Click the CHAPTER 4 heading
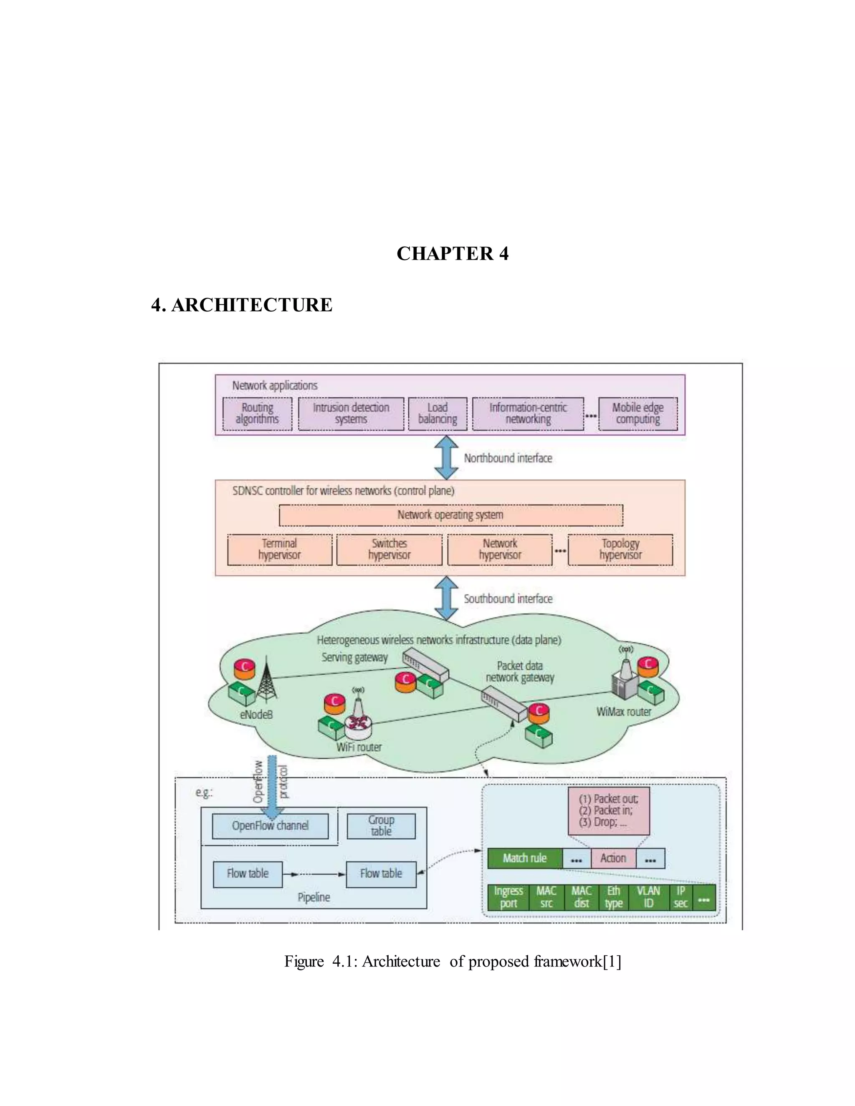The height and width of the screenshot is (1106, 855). tap(452, 253)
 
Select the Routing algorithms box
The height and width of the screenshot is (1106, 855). tap(257, 414)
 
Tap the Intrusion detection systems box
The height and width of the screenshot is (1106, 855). tap(351, 414)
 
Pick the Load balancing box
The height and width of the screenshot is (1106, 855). tap(438, 414)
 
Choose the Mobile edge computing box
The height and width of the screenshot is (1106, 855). tap(638, 414)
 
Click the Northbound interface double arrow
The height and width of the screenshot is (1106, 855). tap(447, 458)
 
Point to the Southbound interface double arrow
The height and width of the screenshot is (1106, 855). tap(447, 598)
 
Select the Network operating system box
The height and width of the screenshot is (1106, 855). tap(450, 515)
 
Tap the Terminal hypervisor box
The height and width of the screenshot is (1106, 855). tap(280, 550)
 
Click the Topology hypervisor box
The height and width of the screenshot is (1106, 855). tap(620, 550)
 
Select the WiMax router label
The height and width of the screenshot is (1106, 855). tap(624, 712)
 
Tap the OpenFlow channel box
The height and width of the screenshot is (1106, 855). tap(270, 826)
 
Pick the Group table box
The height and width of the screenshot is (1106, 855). tap(381, 826)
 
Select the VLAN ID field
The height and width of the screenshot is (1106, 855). tap(648, 897)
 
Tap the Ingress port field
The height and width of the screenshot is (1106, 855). tap(508, 897)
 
